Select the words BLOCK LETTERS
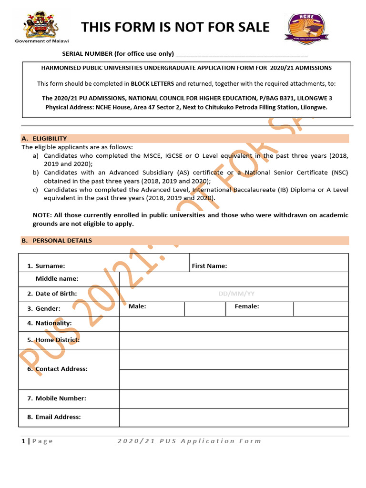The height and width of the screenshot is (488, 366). point(152,84)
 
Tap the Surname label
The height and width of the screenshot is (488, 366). point(50,266)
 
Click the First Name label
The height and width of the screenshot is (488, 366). point(209,266)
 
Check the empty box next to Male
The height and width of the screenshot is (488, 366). point(204,309)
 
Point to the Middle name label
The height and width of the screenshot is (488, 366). point(57,279)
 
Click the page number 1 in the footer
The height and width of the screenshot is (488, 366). point(23,441)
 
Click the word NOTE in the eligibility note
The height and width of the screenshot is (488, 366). point(42,215)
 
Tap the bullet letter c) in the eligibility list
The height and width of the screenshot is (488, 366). point(36,190)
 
